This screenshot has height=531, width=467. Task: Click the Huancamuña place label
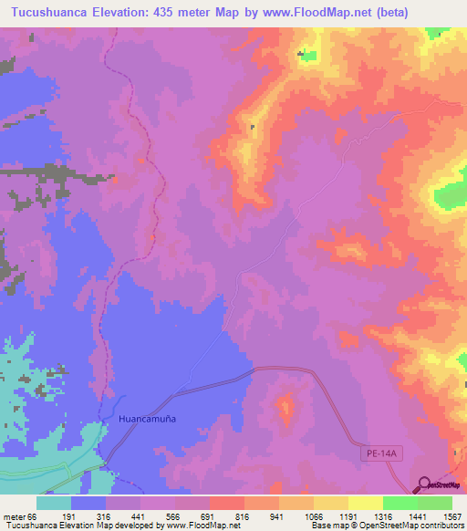pyautogui.click(x=146, y=418)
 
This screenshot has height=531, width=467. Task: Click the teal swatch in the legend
pyautogui.click(x=54, y=503)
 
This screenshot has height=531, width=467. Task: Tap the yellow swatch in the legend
pyautogui.click(x=365, y=503)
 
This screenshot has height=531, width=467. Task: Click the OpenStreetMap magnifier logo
pyautogui.click(x=425, y=484)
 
